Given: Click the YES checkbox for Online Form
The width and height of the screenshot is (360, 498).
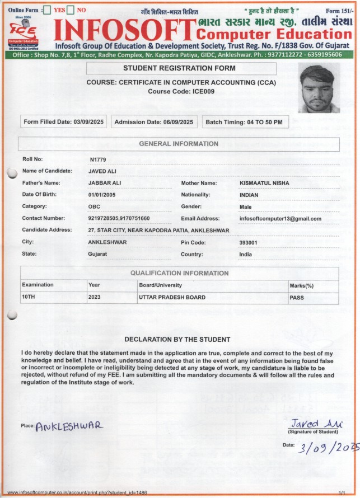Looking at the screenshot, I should (48, 10).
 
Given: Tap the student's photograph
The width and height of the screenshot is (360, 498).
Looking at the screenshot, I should (319, 88).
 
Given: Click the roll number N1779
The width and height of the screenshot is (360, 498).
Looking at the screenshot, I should (97, 159).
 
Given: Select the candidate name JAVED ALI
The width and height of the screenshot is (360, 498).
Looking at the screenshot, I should (102, 171).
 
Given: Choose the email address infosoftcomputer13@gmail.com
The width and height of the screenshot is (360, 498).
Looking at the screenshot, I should (280, 218).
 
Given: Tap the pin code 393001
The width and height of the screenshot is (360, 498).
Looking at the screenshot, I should (248, 242).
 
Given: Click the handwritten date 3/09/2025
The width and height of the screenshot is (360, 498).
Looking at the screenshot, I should (321, 448).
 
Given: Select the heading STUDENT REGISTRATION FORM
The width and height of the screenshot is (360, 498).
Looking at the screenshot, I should (179, 68).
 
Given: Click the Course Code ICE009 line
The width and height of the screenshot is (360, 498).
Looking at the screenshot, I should (181, 92).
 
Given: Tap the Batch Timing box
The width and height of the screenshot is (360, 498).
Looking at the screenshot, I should (244, 122).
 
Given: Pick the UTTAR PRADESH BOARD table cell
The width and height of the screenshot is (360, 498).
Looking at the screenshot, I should (172, 297).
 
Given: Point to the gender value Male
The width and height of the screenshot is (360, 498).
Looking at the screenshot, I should (245, 206).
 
